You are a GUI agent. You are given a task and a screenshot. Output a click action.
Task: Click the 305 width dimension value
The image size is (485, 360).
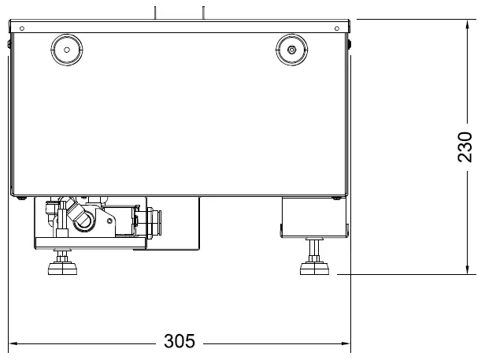180,342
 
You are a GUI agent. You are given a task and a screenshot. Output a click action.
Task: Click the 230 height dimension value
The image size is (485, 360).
466,147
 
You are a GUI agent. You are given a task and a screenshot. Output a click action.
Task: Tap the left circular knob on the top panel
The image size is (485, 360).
66,49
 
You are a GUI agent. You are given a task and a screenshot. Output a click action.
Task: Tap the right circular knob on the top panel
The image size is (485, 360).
292,49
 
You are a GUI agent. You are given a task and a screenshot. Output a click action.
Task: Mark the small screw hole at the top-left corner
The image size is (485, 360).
21,28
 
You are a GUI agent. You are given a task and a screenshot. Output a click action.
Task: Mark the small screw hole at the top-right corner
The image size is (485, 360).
340,28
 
